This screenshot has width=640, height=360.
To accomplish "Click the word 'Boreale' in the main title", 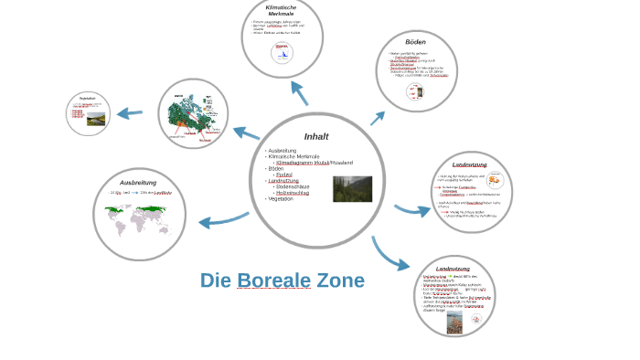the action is [274, 281].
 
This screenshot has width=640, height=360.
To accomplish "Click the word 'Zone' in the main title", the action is [340, 281].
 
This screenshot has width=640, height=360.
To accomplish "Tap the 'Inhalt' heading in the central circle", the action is [316, 136].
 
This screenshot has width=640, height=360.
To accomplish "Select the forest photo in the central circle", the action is [352, 188].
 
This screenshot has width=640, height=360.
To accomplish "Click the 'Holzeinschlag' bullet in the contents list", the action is [293, 193].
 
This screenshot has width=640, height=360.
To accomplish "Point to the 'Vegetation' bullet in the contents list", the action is [280, 198].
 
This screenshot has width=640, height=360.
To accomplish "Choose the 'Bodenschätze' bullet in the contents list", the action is [293, 186].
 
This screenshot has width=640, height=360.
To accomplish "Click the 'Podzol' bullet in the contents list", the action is [283, 175].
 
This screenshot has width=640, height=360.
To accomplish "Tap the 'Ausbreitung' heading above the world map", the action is [138, 183].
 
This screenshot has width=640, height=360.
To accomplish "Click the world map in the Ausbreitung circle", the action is [139, 219].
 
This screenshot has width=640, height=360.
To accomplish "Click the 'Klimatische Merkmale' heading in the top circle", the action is [281, 11].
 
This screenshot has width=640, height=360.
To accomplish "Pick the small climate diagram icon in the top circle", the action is [282, 52].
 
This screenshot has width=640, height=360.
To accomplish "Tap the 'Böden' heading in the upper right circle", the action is [416, 42].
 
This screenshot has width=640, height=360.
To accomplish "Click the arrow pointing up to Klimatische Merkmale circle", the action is [299, 93].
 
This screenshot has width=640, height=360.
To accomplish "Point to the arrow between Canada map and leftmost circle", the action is [130, 114].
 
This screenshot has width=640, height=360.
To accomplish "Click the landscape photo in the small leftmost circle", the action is [96, 119].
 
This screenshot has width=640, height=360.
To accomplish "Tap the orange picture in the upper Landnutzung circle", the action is [495, 181].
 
